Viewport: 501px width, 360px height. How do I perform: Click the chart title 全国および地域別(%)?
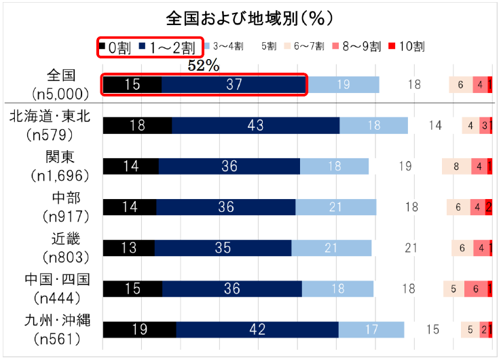click(x=249, y=16)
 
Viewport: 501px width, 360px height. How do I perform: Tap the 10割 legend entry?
click(x=406, y=47)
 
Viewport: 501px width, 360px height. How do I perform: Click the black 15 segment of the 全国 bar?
click(x=132, y=85)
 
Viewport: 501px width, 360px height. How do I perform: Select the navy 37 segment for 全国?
click(x=234, y=85)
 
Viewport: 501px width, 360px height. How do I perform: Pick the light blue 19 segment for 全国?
click(x=344, y=85)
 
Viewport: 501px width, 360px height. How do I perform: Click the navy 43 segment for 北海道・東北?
click(x=256, y=126)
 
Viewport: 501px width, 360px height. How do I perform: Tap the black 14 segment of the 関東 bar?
click(x=130, y=166)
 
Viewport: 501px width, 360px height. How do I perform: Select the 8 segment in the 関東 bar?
click(x=457, y=166)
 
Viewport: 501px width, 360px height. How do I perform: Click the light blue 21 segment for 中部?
click(x=336, y=207)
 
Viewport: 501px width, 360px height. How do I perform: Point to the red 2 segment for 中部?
click(x=489, y=207)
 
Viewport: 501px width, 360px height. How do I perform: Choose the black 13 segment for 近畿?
click(x=129, y=248)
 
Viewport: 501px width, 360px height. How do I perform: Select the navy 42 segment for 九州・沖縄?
click(x=257, y=329)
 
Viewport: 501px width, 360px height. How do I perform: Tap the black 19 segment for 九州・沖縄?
click(x=139, y=329)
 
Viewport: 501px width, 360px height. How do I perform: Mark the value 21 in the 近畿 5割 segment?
click(x=411, y=248)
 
